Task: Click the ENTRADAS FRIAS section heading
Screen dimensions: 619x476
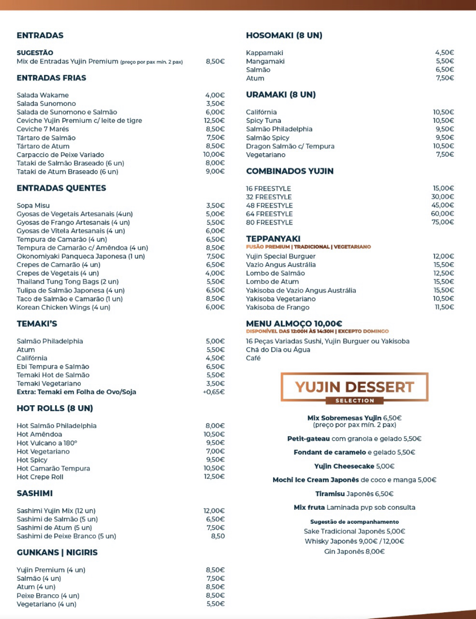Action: (51, 78)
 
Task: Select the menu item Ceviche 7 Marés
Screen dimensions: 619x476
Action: (43, 129)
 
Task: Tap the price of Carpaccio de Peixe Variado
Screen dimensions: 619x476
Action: (214, 155)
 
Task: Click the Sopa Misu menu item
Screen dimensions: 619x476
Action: (33, 205)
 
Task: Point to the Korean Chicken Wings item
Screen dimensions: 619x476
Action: (63, 307)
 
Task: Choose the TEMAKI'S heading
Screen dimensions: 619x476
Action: (37, 324)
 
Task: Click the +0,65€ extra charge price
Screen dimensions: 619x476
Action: (214, 392)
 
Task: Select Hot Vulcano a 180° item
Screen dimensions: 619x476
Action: (47, 443)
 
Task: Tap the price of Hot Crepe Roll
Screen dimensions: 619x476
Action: (214, 477)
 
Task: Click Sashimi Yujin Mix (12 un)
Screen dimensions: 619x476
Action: (56, 511)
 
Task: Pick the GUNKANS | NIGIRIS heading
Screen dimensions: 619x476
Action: (57, 553)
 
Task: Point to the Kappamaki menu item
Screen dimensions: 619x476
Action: (264, 53)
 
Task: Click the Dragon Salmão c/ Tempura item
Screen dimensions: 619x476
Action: (290, 146)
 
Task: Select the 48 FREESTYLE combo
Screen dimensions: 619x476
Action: (269, 205)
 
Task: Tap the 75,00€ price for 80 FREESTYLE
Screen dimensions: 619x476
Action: (443, 222)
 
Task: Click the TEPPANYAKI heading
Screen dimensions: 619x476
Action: (273, 239)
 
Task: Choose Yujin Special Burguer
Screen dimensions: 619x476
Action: (281, 256)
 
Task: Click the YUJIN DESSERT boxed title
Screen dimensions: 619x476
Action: (355, 387)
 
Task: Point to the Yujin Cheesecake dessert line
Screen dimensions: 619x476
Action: (355, 466)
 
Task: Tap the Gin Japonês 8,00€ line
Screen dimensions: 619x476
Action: (355, 552)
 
